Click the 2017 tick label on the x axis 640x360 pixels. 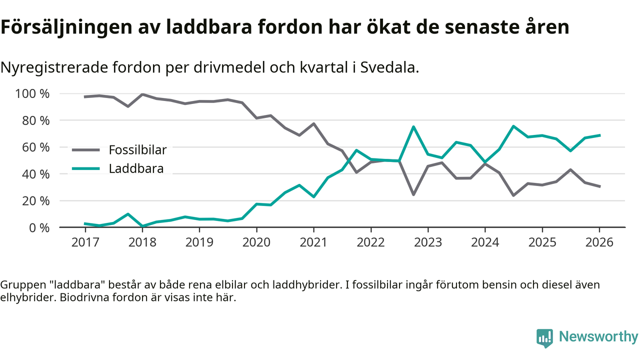[x=85, y=242]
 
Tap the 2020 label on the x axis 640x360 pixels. [x=256, y=242]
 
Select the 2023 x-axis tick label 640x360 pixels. [x=427, y=242]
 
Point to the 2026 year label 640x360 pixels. [x=599, y=242]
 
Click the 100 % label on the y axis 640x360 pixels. [x=32, y=94]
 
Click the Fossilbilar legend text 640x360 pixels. [x=137, y=149]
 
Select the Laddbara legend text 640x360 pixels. [x=136, y=169]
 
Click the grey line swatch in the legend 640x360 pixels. [x=87, y=149]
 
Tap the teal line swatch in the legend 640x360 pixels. [x=87, y=169]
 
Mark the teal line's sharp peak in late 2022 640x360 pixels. [x=413, y=126]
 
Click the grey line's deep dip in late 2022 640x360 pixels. [x=413, y=194]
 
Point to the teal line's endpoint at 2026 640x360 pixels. [x=599, y=135]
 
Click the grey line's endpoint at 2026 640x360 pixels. [x=599, y=186]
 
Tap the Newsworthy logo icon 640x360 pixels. [x=544, y=337]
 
